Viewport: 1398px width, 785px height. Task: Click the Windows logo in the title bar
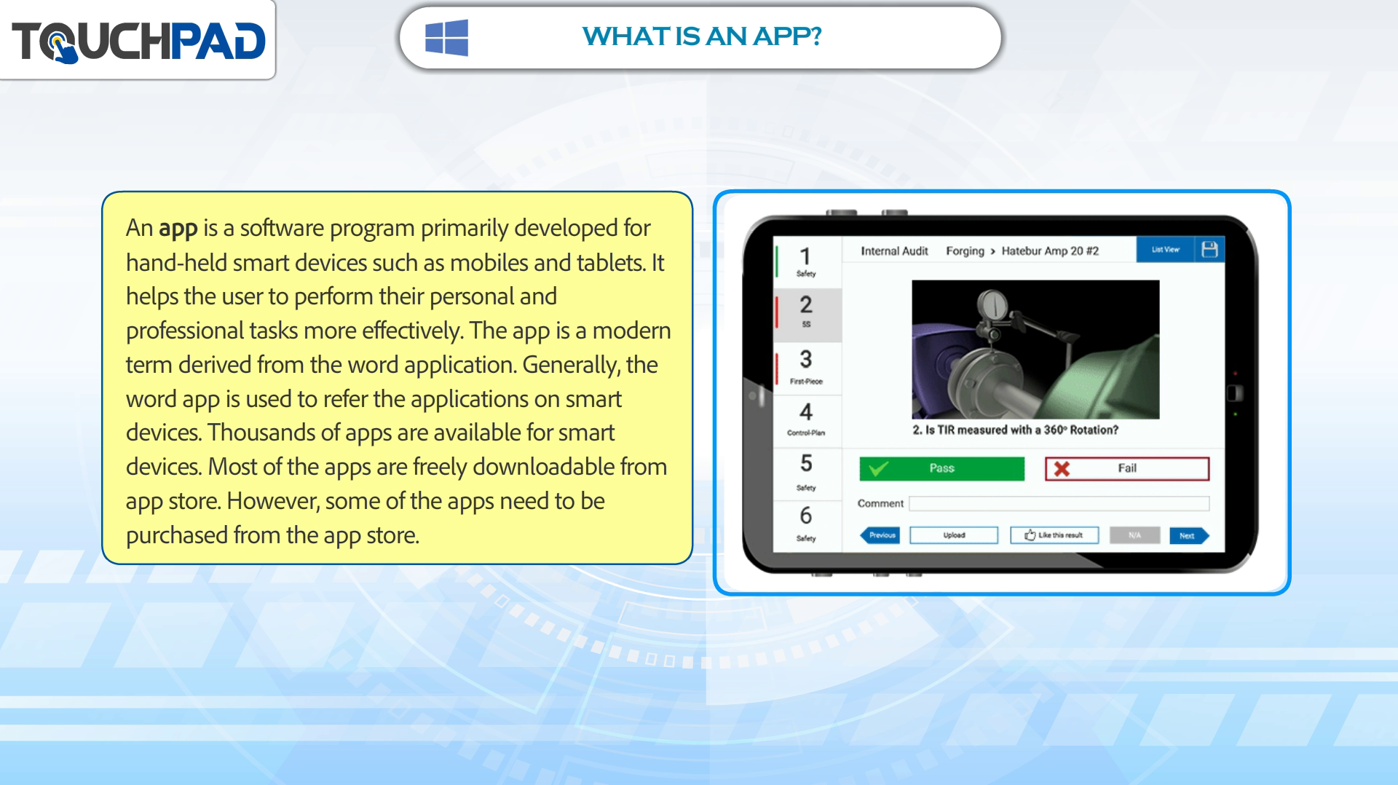click(x=446, y=37)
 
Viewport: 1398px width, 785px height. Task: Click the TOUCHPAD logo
click(x=138, y=41)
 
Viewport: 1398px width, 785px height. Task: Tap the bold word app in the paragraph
click(x=178, y=229)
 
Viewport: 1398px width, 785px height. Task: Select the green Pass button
click(x=941, y=468)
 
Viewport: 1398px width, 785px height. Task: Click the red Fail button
click(x=1127, y=468)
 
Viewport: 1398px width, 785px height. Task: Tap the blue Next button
click(x=1189, y=535)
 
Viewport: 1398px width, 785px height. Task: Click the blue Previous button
click(x=880, y=535)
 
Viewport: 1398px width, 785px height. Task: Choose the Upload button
click(x=954, y=535)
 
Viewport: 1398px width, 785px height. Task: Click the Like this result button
click(x=1054, y=535)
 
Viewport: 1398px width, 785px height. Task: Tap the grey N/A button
click(x=1134, y=535)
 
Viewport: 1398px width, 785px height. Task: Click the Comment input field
click(x=1059, y=503)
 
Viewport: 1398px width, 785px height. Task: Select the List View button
click(x=1165, y=249)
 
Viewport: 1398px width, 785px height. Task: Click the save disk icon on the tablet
click(x=1209, y=249)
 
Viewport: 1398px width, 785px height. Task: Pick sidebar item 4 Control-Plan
click(x=806, y=419)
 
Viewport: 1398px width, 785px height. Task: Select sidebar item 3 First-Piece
click(x=806, y=366)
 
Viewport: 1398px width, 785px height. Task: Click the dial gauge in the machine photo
click(x=992, y=306)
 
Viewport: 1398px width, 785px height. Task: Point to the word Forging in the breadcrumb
click(x=965, y=251)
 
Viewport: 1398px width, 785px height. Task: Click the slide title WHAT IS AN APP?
click(x=702, y=36)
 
